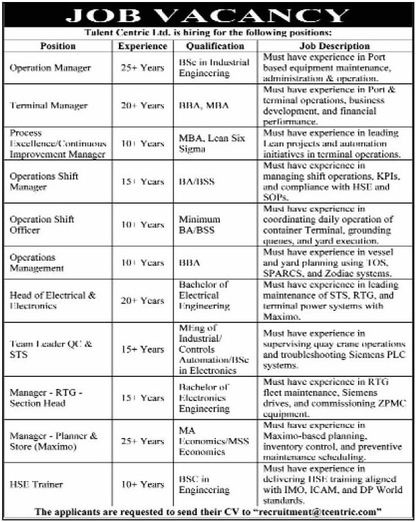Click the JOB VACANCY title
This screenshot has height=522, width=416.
[x=208, y=15]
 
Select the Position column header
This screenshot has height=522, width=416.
[x=58, y=46]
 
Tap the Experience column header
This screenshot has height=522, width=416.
[x=142, y=46]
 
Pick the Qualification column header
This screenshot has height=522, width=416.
[x=216, y=46]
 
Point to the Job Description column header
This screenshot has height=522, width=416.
[x=334, y=46]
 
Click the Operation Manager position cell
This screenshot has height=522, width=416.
[x=50, y=68]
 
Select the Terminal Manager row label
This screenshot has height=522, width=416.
[x=49, y=105]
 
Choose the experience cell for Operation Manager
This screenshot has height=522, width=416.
[x=142, y=68]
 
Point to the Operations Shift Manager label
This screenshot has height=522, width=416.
[x=41, y=182]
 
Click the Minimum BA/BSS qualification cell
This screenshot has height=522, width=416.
[x=200, y=224]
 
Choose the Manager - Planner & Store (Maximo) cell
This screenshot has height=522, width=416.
[x=54, y=441]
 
